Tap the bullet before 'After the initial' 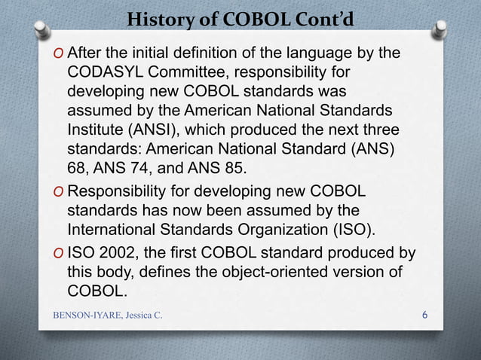click(x=59, y=55)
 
